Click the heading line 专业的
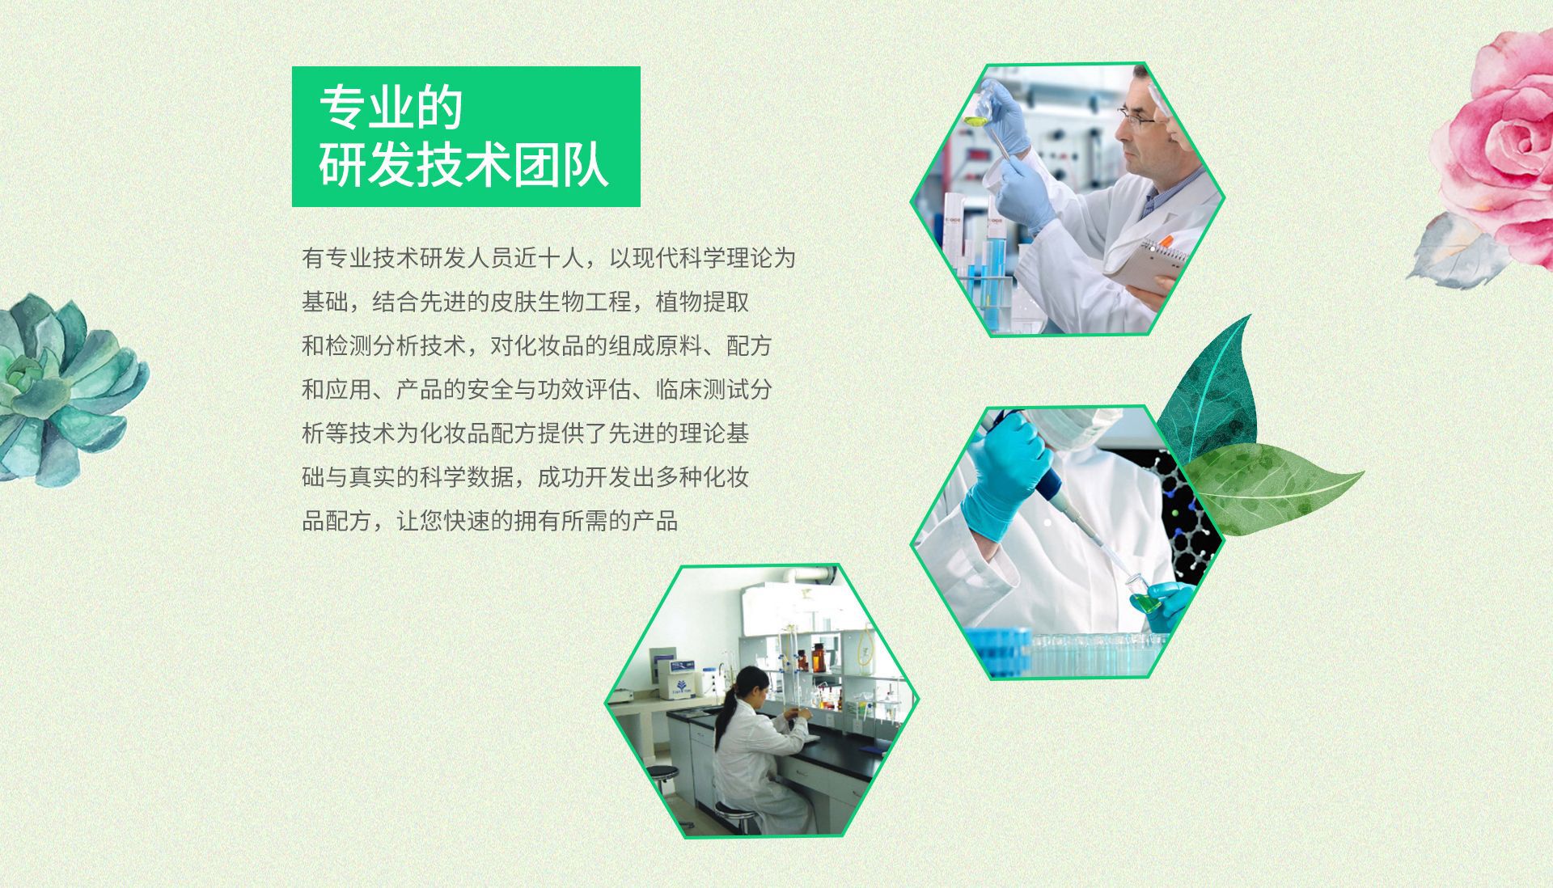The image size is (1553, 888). [x=391, y=108]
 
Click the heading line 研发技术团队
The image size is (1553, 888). [x=463, y=164]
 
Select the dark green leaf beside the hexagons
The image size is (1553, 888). [x=1209, y=388]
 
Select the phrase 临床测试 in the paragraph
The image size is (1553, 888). [x=702, y=390]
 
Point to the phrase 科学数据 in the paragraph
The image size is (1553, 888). [x=467, y=477]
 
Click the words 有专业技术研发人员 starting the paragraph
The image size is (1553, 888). [x=408, y=259]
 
